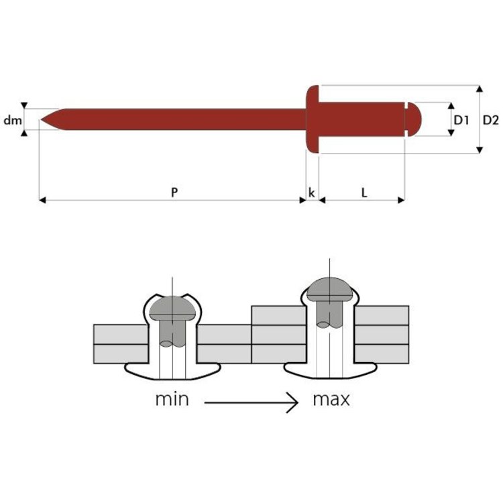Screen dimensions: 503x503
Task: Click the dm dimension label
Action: [x=13, y=120]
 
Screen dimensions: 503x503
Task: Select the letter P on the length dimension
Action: [x=174, y=192]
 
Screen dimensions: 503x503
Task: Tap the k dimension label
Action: [x=311, y=192]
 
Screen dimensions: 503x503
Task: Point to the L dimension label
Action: [x=364, y=192]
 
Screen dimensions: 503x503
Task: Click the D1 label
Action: [x=461, y=120]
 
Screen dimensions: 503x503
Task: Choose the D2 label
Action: [x=491, y=120]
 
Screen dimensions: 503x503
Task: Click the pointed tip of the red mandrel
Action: [x=41, y=119]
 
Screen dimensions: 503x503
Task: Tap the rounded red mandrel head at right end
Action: [x=413, y=119]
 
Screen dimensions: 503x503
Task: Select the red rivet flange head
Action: [x=313, y=119]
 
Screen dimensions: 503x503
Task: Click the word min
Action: [x=172, y=400]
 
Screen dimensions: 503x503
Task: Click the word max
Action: [x=331, y=400]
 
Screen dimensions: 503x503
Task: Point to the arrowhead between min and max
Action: [x=292, y=402]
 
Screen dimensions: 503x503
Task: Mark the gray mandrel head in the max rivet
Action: [x=330, y=289]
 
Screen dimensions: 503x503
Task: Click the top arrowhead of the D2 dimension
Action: [x=480, y=89]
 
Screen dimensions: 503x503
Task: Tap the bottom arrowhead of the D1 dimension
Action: [x=451, y=133]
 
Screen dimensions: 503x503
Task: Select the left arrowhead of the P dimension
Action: [x=42, y=200]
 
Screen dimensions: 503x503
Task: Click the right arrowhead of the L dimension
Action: [x=401, y=200]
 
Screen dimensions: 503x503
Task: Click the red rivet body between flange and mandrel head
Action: [x=361, y=119]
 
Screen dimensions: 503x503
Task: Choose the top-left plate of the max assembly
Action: [x=279, y=315]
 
